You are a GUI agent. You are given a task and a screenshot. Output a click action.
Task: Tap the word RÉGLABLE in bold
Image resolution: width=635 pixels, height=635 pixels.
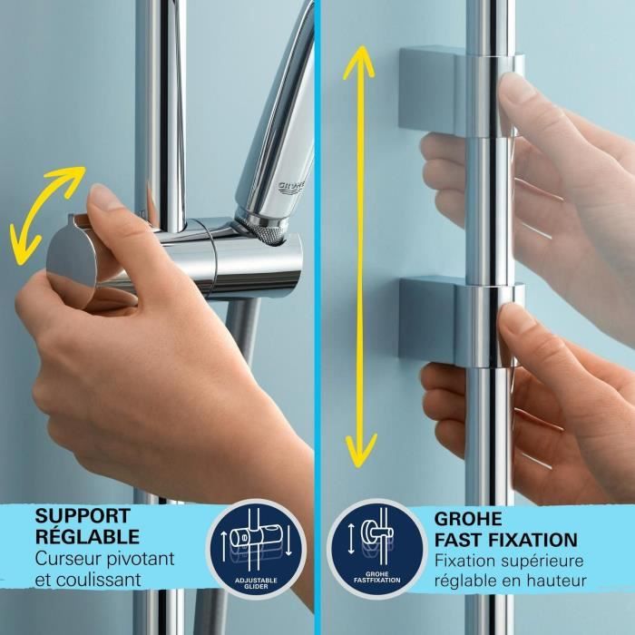click(87, 537)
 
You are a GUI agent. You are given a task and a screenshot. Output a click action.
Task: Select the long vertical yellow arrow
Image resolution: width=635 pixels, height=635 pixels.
click(360, 254)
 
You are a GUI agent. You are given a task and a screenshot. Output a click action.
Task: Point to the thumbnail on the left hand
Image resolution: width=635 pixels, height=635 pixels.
click(103, 199)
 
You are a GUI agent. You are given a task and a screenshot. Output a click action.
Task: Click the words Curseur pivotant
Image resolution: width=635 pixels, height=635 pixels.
click(105, 559)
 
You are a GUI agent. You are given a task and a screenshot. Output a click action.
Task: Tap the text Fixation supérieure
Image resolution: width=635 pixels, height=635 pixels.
click(509, 561)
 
